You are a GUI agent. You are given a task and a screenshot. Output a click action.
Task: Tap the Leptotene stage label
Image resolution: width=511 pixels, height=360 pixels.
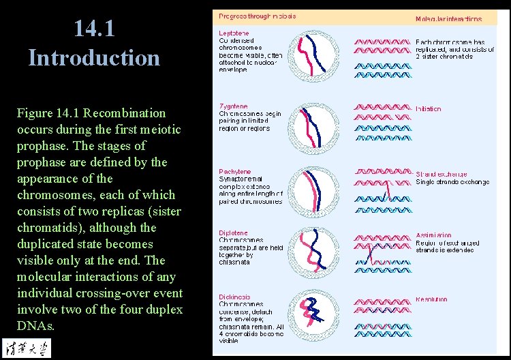point(234,33)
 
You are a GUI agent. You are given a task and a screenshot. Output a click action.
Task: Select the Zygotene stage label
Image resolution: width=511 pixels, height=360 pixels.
point(234,106)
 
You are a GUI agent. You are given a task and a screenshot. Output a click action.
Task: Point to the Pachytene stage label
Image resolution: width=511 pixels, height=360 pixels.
point(235,172)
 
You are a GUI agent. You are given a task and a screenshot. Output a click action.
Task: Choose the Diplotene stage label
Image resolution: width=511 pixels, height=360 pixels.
point(234,233)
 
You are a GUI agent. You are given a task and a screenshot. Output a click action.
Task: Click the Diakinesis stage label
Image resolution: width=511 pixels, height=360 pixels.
point(235,297)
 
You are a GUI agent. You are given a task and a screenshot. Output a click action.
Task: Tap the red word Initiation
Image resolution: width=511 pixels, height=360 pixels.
point(429,109)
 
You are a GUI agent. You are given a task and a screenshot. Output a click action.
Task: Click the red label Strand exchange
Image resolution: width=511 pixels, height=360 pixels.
point(442,175)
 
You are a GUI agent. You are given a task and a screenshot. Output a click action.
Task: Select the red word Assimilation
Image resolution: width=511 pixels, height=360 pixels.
point(433,236)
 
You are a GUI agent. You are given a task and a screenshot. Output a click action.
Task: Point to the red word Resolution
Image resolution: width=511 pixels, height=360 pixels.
point(432,299)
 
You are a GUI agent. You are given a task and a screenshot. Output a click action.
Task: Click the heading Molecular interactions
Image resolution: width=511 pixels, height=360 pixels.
point(448,19)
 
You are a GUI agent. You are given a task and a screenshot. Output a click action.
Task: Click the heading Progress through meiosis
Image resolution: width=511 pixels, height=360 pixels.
point(257,16)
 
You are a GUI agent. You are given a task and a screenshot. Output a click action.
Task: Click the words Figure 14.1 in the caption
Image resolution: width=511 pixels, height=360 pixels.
point(53,113)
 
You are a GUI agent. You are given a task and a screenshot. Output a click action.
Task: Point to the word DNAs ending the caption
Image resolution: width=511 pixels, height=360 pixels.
point(35,326)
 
